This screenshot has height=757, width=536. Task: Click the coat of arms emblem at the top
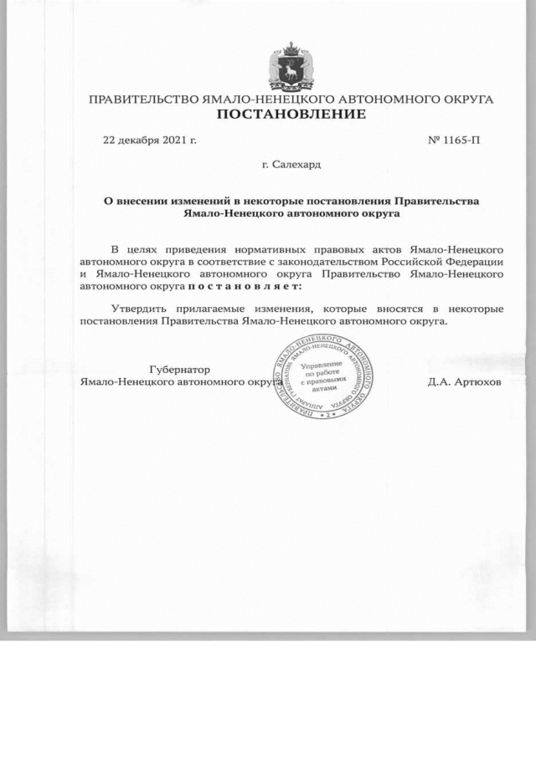point(290,66)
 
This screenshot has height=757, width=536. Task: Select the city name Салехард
point(296,164)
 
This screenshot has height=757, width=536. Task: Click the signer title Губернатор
point(179,370)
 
